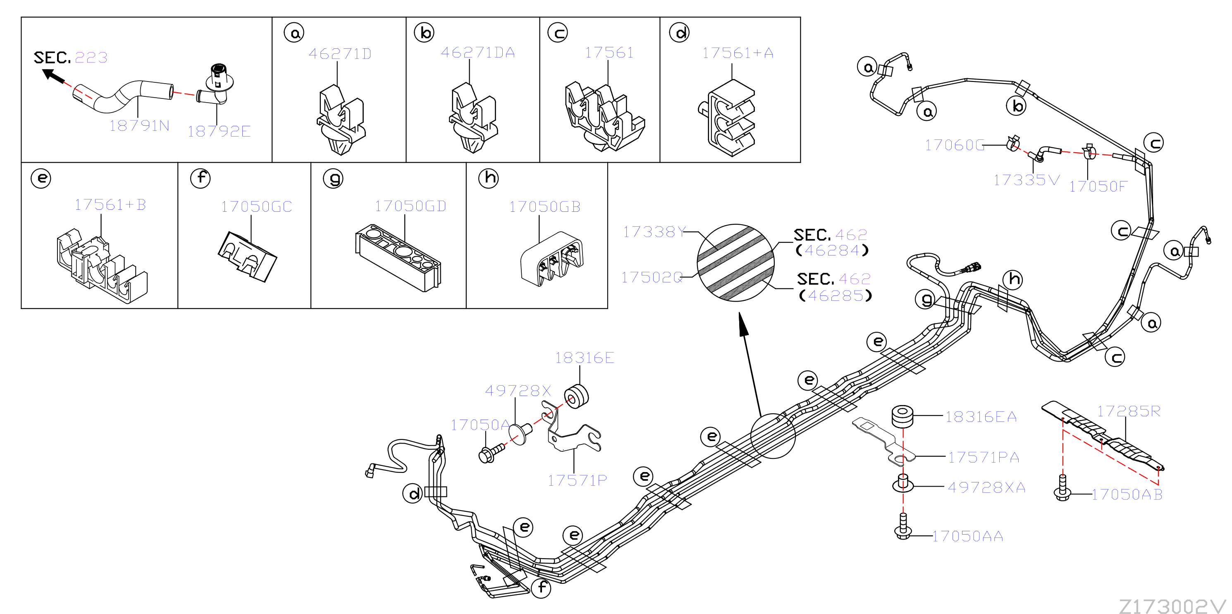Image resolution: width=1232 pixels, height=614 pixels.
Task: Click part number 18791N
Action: [x=139, y=125]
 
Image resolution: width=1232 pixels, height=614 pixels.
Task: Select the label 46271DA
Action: [x=478, y=52]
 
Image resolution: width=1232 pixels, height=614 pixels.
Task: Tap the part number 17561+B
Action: [x=110, y=204]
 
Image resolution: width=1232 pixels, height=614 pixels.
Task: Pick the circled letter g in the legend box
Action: [x=333, y=178]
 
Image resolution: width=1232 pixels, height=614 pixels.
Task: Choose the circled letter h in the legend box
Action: [x=488, y=178]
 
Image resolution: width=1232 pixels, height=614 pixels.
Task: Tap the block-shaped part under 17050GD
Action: [x=398, y=257]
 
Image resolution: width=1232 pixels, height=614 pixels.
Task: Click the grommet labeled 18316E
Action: [x=576, y=396]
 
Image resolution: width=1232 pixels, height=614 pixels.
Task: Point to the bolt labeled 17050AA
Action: [x=903, y=526]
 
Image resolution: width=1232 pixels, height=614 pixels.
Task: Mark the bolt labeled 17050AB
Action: [x=1062, y=488]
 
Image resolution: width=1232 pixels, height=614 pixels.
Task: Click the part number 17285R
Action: [x=1129, y=411]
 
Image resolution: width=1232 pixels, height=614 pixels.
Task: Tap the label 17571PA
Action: [x=983, y=458]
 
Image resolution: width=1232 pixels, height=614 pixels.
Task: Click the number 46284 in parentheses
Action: [x=832, y=250]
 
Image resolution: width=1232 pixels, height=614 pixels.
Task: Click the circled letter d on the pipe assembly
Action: [x=413, y=494]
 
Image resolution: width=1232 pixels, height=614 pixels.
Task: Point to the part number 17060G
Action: [x=955, y=144]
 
